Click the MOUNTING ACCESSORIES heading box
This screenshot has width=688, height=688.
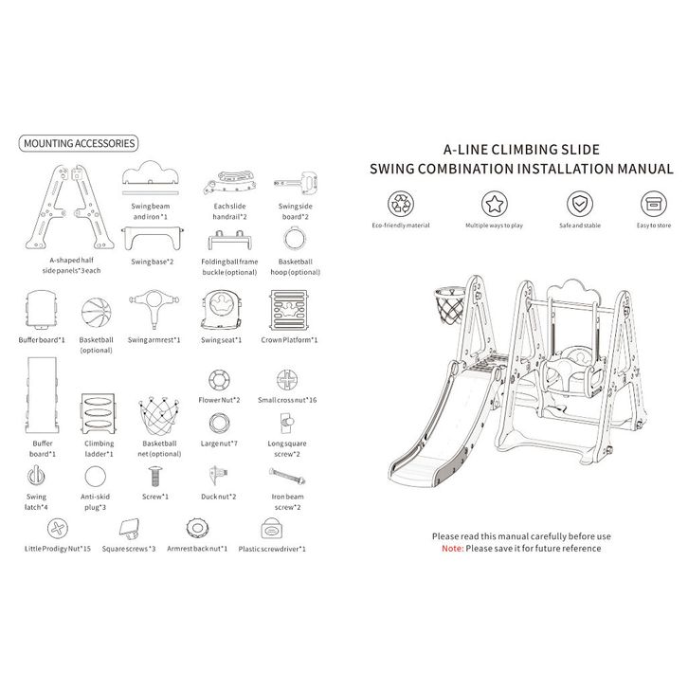pos(79,143)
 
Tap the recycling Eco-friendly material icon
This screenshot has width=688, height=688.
pos(401,204)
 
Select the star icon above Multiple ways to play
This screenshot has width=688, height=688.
pos(495,204)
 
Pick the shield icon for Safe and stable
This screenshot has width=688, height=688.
pos(580,204)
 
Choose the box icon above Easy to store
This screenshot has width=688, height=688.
pos(654,204)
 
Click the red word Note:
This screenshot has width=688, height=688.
pos(452,549)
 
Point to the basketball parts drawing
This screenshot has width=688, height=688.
pos(96,313)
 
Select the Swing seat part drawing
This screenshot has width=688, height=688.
pos(221,309)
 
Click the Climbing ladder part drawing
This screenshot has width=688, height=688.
pos(99,413)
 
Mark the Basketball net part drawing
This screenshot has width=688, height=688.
pos(159,416)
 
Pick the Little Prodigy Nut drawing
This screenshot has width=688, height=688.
pos(58,528)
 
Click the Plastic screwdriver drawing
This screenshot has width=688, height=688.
pos(272,528)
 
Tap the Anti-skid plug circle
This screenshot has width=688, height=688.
pos(95,477)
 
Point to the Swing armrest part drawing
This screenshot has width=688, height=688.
pos(154,308)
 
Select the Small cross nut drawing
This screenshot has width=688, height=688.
pos(287,380)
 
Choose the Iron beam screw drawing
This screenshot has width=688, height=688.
pos(287,476)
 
